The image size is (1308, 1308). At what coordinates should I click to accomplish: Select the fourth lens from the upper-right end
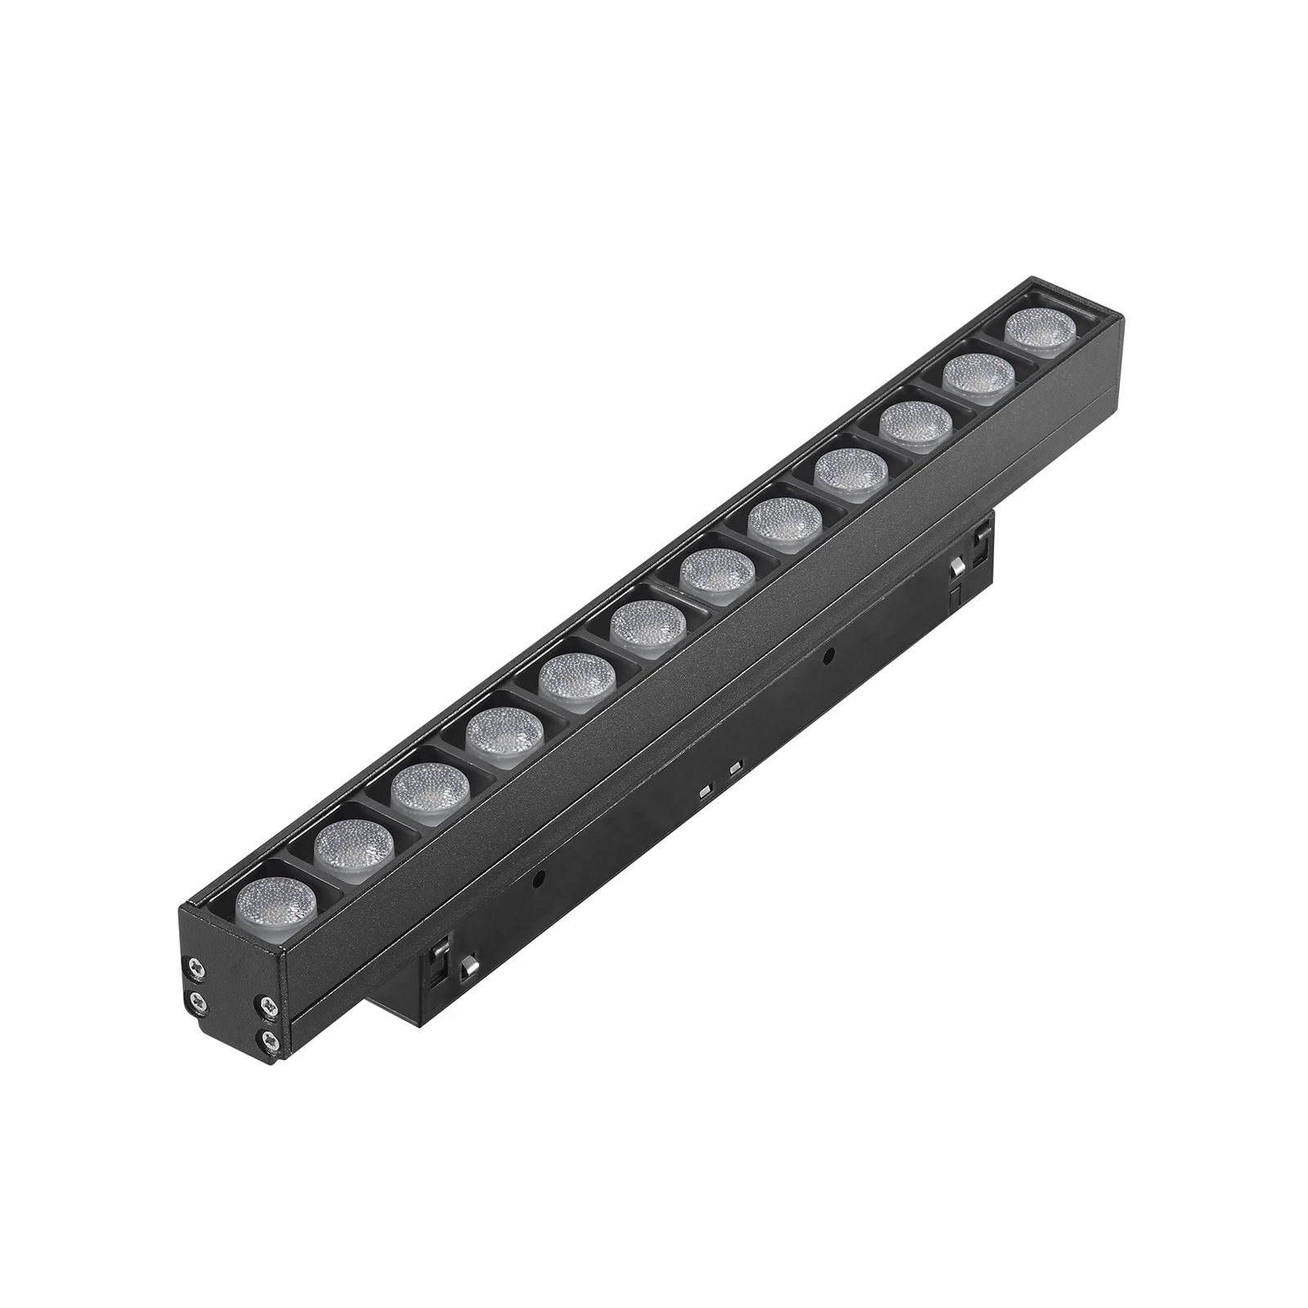coord(850,472)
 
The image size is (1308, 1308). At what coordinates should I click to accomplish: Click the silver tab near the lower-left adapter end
coord(468,967)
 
